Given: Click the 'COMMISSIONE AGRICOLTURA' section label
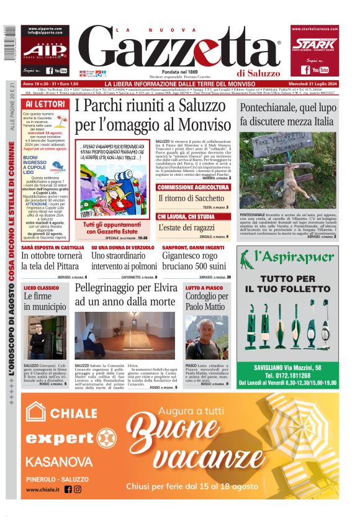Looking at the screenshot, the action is click(x=193, y=187).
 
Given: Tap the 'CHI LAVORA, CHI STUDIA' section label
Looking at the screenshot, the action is click(x=186, y=216).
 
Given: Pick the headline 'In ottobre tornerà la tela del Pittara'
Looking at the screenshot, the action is click(x=52, y=261).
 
